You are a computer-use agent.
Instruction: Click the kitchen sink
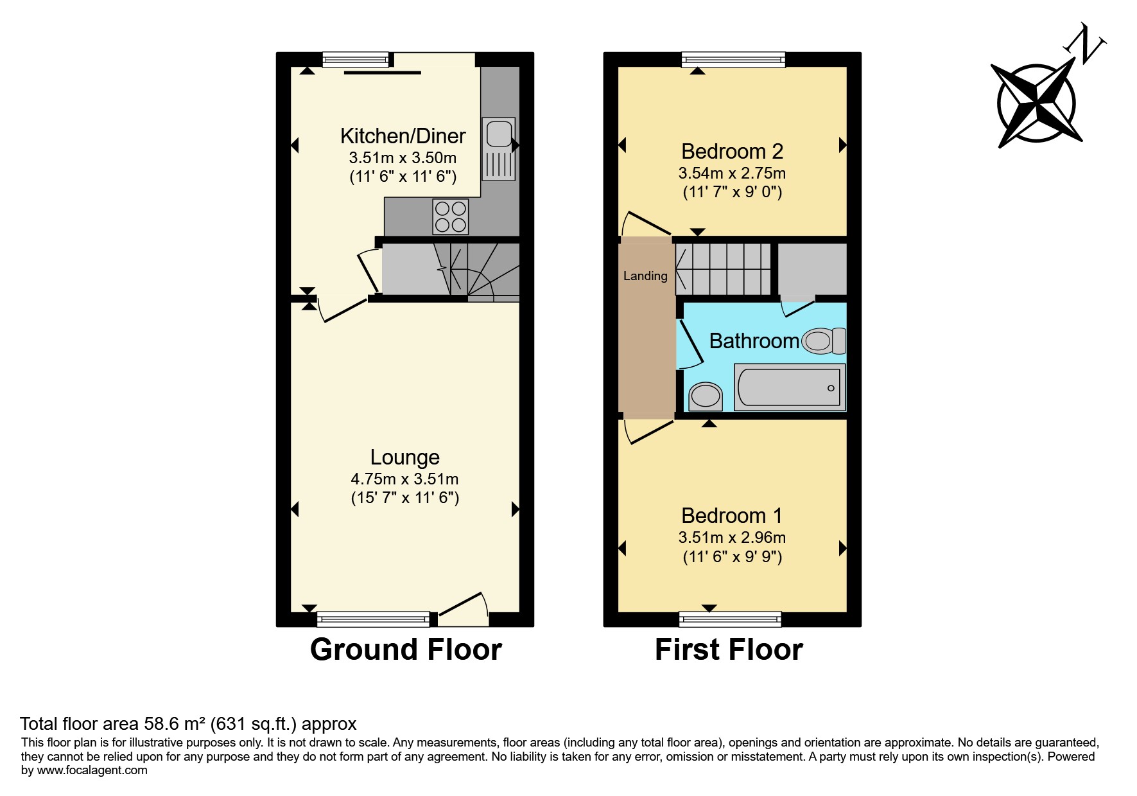click(x=499, y=148)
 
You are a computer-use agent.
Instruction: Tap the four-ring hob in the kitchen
click(x=451, y=217)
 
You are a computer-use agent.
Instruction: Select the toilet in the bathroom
click(x=825, y=341)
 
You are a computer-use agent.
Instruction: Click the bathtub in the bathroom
click(x=790, y=387)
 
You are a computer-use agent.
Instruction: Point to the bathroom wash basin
click(x=705, y=396)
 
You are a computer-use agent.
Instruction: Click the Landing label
click(x=645, y=276)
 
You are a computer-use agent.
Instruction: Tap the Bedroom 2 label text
click(x=732, y=152)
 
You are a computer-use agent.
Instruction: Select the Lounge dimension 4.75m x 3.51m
click(x=404, y=479)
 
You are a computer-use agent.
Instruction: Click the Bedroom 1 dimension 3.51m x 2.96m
click(x=732, y=538)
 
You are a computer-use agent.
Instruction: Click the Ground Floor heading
click(x=406, y=650)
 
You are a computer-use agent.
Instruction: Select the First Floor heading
click(x=729, y=650)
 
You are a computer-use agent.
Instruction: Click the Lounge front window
click(x=374, y=619)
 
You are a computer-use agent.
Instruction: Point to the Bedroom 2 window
click(x=733, y=60)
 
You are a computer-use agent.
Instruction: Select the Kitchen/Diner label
click(x=403, y=136)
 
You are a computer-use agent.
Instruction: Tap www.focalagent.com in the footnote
click(x=92, y=770)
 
